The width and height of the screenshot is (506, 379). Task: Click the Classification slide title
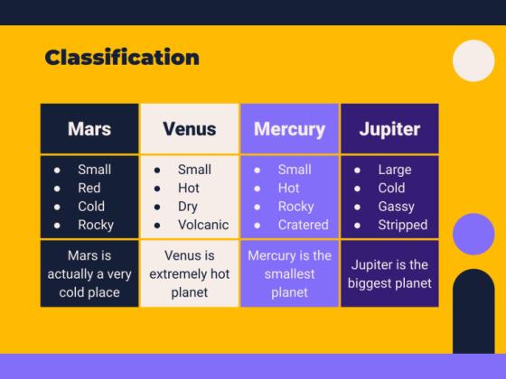[122, 58]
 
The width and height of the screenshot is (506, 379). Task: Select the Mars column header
[89, 128]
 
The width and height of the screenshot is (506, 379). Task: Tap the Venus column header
[189, 128]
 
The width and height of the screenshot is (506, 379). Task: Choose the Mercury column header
[289, 128]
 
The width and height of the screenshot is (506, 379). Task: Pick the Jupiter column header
[389, 128]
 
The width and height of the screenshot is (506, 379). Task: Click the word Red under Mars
[89, 188]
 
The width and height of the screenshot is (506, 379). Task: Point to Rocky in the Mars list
[96, 225]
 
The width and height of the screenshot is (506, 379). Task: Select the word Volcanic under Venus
[203, 225]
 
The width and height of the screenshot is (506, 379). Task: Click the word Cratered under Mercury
[304, 225]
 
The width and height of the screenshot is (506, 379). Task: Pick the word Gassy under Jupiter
[397, 206]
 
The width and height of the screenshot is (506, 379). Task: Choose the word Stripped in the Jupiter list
[402, 225]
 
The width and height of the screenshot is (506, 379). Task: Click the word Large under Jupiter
[395, 170]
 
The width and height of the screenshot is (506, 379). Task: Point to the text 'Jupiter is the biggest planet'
[389, 273]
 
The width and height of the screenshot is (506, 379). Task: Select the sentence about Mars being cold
[89, 273]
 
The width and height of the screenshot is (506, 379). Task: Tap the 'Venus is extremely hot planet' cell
[189, 273]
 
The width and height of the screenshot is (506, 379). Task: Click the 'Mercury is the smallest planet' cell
[289, 273]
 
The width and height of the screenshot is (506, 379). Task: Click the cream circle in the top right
[473, 61]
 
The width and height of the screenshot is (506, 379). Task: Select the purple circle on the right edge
[473, 234]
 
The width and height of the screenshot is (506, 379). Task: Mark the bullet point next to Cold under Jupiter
[357, 188]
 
